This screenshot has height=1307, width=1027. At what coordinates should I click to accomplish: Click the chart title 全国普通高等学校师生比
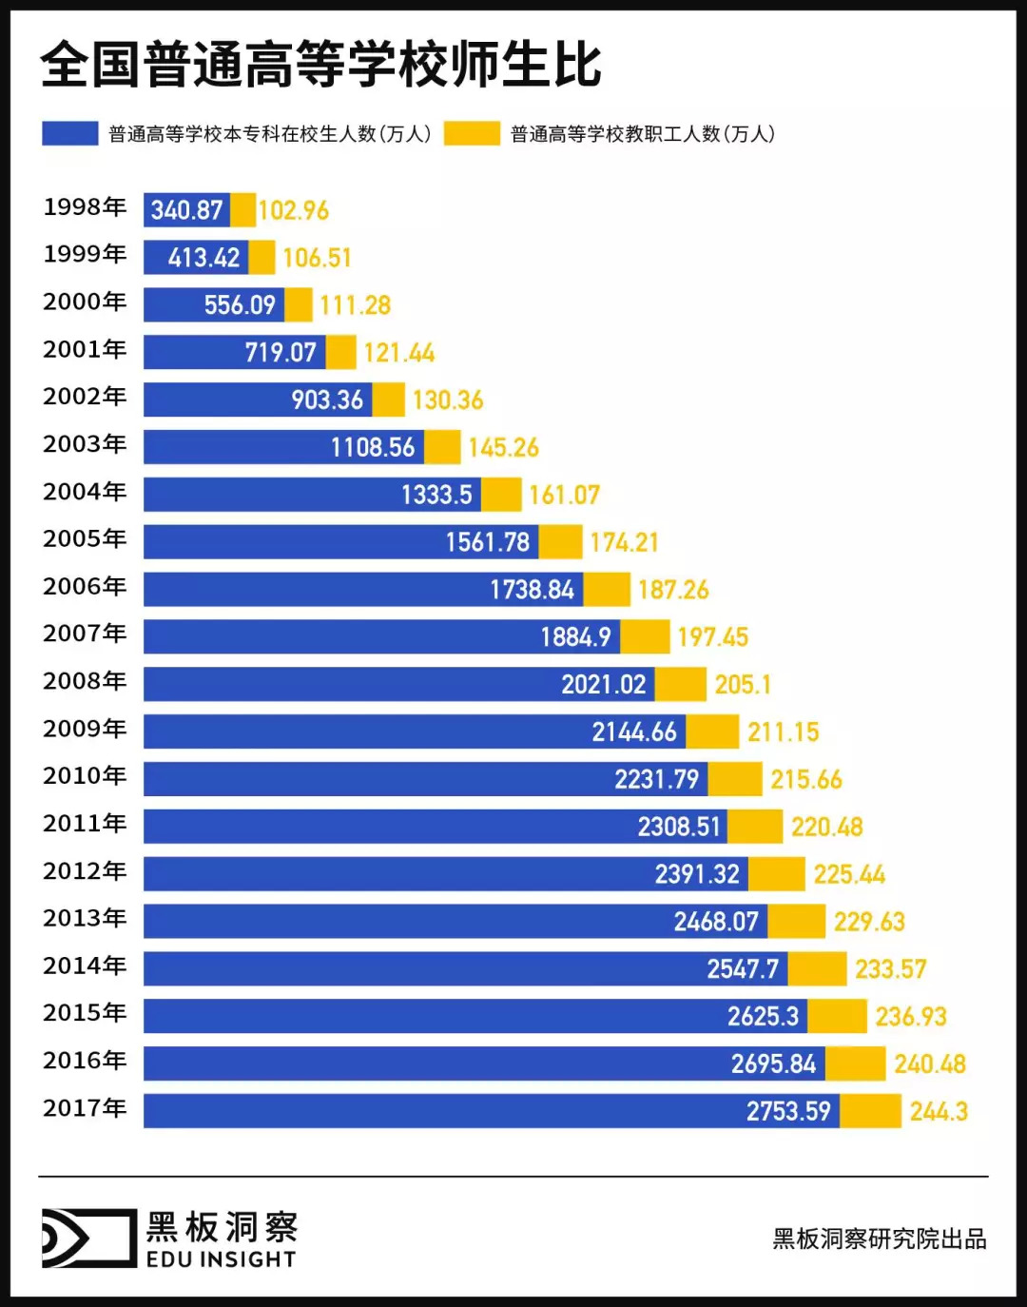(320, 65)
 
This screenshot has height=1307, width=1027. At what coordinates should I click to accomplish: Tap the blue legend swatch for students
(69, 133)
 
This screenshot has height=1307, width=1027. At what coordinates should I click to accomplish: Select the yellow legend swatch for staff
(472, 133)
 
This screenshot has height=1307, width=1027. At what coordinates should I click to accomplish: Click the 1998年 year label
(85, 207)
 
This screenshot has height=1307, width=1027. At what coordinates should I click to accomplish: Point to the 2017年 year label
(85, 1108)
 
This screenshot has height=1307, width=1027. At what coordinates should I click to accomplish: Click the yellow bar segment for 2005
(560, 542)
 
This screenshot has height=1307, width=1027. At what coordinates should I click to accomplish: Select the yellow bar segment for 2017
(870, 1111)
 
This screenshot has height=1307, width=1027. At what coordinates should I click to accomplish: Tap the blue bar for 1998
(186, 210)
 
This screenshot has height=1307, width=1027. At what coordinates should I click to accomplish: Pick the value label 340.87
(186, 210)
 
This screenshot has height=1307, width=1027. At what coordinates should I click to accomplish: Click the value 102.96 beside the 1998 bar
(294, 210)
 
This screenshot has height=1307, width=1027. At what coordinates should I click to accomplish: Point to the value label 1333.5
(436, 495)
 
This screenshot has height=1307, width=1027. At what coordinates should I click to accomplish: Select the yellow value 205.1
(743, 685)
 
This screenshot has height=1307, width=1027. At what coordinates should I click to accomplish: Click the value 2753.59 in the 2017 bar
(788, 1111)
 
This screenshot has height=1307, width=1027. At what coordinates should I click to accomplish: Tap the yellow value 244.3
(939, 1111)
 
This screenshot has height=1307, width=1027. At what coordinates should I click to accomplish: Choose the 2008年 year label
(85, 681)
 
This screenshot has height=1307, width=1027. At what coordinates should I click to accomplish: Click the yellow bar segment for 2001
(340, 352)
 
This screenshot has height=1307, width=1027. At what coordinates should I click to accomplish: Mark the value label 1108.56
(373, 447)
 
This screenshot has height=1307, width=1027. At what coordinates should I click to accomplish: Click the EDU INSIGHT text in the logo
(221, 1259)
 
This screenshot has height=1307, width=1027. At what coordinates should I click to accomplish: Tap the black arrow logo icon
(88, 1238)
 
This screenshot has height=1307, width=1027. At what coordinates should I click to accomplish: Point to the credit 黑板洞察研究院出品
(880, 1239)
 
